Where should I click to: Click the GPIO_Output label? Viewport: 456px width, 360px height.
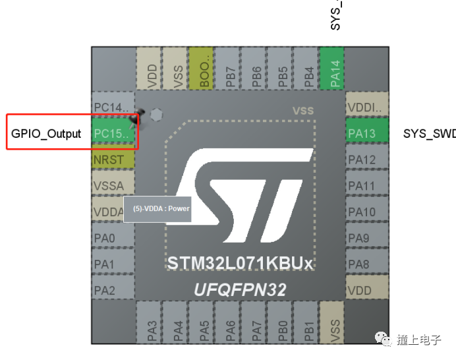coord(46,134)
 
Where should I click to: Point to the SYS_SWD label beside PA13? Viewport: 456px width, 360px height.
coord(429,134)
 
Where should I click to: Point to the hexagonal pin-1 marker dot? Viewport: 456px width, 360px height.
coord(156,114)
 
